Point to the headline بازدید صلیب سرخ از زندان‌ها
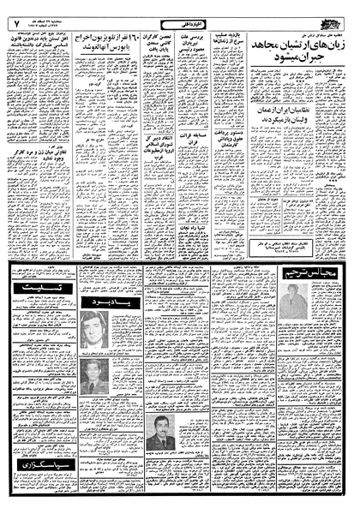point(230,44)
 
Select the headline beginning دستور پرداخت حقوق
point(229,155)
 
